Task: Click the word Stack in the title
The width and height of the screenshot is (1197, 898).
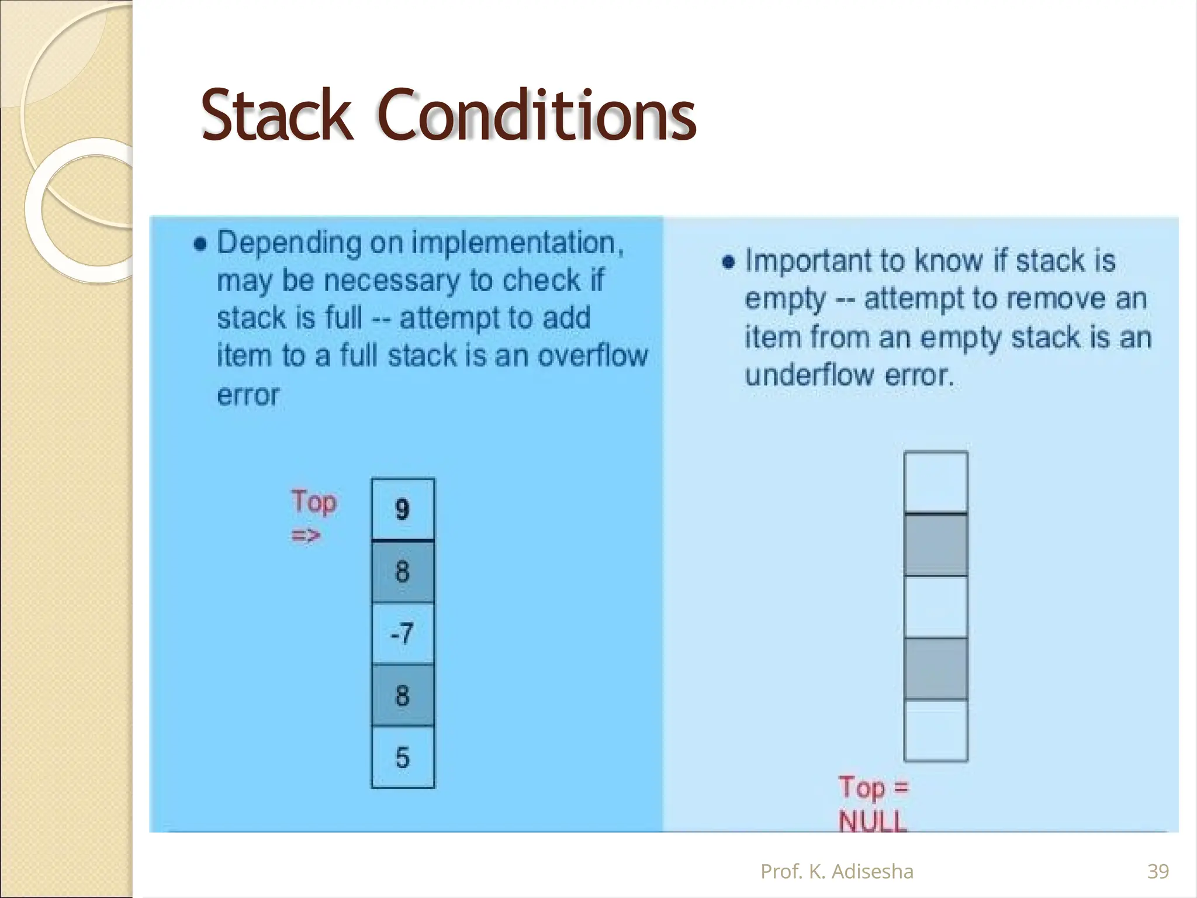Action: tap(277, 116)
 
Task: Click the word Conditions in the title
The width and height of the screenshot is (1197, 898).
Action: tap(537, 116)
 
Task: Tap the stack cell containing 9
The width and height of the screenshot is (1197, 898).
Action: tap(403, 509)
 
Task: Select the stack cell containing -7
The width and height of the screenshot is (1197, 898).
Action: tap(403, 633)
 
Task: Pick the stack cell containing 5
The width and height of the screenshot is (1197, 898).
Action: tap(403, 758)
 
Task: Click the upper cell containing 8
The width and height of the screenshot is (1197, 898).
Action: tap(403, 571)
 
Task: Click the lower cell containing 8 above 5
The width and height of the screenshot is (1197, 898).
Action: tap(403, 695)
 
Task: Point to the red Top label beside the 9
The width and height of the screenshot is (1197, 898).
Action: tap(314, 502)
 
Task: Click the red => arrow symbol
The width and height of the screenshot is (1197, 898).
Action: tap(306, 535)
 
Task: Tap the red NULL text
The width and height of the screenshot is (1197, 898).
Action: tap(872, 821)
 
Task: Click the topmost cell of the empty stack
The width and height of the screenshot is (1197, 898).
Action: tap(936, 482)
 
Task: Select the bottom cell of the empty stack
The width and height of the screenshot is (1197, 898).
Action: tap(936, 730)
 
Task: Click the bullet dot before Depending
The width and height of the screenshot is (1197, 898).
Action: tap(200, 244)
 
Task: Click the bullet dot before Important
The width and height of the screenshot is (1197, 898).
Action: tap(728, 262)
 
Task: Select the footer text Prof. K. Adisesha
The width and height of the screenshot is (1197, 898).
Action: tap(836, 872)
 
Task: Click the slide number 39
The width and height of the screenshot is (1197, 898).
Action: tap(1158, 872)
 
